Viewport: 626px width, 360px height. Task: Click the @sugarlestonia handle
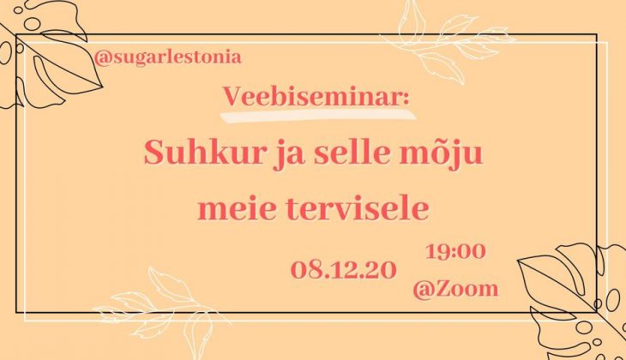(168, 57)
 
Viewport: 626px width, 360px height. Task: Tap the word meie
(238, 208)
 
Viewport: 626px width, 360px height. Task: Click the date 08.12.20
(344, 270)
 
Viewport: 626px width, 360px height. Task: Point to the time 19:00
(455, 251)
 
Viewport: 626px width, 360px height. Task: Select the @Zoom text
(455, 288)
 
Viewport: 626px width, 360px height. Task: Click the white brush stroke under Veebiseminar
(318, 115)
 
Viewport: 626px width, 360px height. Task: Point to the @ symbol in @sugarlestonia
(102, 58)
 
